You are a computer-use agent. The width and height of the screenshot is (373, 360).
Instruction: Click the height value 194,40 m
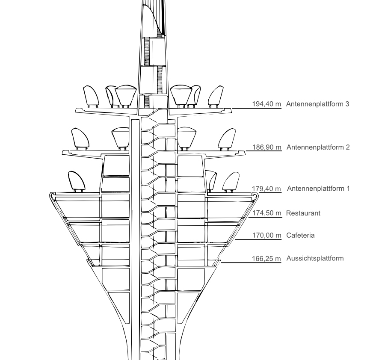coord(266,104)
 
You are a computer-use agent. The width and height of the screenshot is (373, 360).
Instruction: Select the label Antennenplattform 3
coord(317,104)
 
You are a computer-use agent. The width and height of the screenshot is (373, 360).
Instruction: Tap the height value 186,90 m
coord(266,147)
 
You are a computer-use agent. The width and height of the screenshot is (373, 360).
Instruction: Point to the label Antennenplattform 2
coord(318,147)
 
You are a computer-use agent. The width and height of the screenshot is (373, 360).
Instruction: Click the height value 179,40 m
coord(266,189)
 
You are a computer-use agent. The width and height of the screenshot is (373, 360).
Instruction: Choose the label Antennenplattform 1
coord(319,189)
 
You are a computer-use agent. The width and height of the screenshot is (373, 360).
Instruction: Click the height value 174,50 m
coord(266,213)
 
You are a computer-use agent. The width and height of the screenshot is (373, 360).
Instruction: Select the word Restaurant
coord(303,213)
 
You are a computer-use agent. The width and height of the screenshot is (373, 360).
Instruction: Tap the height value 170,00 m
coord(266,235)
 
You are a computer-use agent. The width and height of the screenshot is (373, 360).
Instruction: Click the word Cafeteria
coord(300,235)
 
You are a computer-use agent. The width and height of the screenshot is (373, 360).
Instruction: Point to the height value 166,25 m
coord(266,259)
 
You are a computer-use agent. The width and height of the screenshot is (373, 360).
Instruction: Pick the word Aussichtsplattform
coord(315,258)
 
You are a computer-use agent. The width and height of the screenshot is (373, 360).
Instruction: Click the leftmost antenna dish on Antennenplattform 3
coord(91,96)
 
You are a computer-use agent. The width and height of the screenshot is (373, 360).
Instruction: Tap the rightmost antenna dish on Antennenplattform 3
coord(216,96)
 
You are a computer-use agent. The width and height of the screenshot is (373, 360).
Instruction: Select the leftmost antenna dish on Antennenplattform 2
coord(80,139)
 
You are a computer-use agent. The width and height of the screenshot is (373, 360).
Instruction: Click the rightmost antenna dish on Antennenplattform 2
coord(227,139)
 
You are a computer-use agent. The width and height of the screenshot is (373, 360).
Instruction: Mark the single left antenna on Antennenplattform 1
coord(77,181)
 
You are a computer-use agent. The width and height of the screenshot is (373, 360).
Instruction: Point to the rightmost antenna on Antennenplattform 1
coord(231,182)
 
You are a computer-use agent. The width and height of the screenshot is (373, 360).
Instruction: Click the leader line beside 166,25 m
coord(251,263)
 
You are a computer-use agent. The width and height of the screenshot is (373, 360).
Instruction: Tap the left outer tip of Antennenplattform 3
coord(76,111)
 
